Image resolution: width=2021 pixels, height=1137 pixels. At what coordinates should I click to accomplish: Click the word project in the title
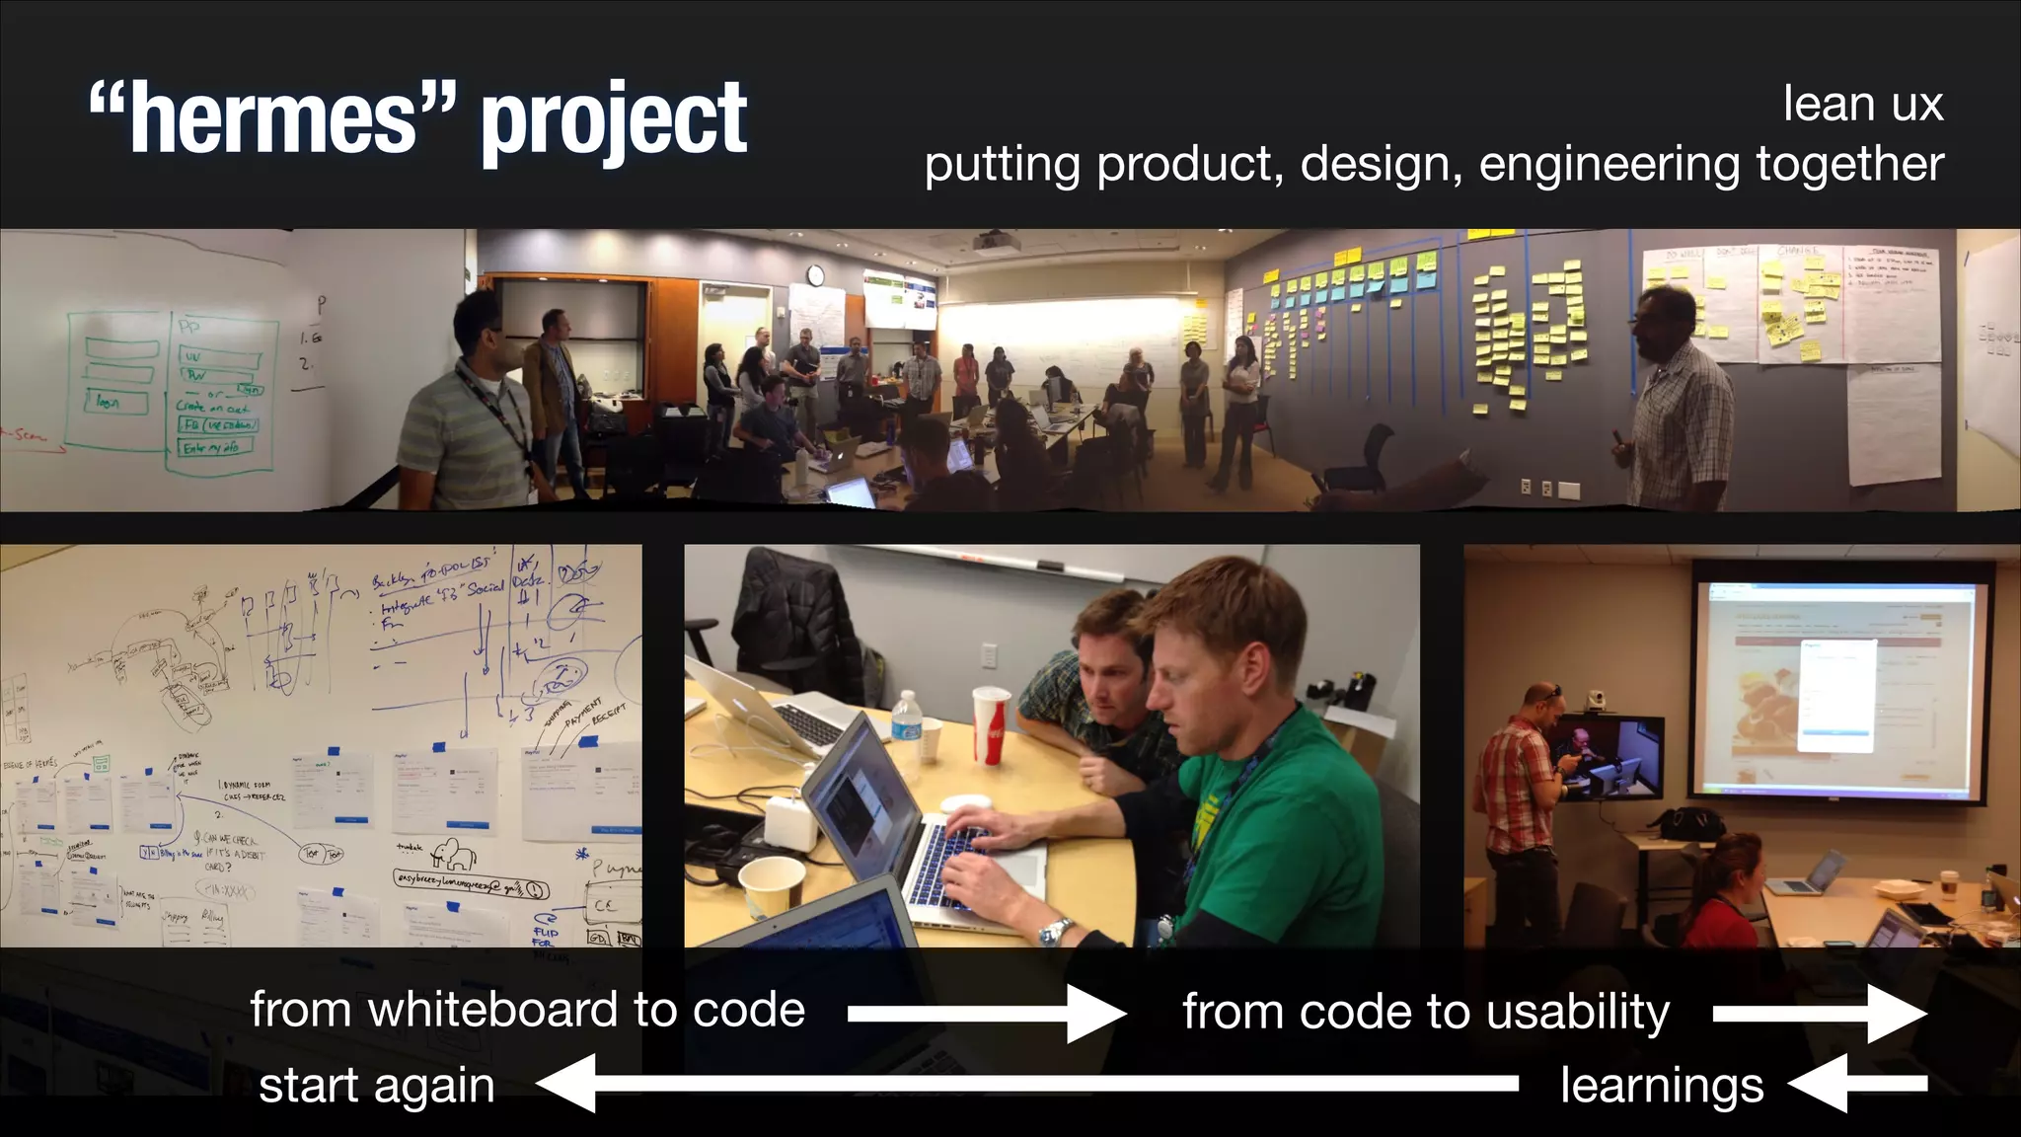pos(614,120)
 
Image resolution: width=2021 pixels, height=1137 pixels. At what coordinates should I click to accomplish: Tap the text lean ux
pos(1862,104)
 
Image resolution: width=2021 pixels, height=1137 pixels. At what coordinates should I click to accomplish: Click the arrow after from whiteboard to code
pos(986,1014)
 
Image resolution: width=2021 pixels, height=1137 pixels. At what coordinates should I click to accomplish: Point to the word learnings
pos(1662,1085)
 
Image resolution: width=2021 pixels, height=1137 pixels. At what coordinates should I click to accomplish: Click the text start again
pos(376,1085)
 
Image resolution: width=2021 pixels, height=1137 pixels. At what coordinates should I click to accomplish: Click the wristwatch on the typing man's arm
pos(1055,930)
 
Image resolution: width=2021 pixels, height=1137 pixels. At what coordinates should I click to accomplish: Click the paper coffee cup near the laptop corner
pos(771,887)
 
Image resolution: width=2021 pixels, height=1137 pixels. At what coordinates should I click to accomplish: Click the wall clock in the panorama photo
pos(815,274)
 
